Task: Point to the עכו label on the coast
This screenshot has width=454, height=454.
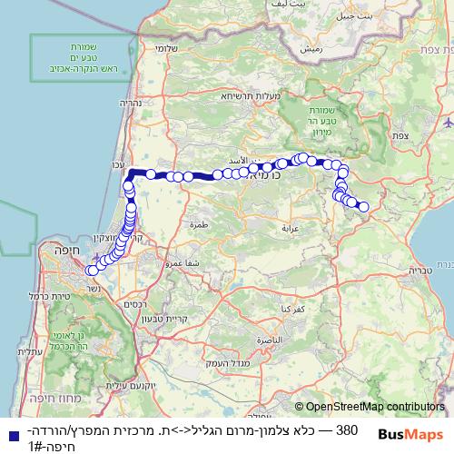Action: click(x=117, y=164)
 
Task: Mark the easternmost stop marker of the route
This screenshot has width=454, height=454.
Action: click(x=363, y=207)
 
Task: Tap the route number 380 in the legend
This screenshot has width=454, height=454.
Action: click(x=347, y=428)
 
